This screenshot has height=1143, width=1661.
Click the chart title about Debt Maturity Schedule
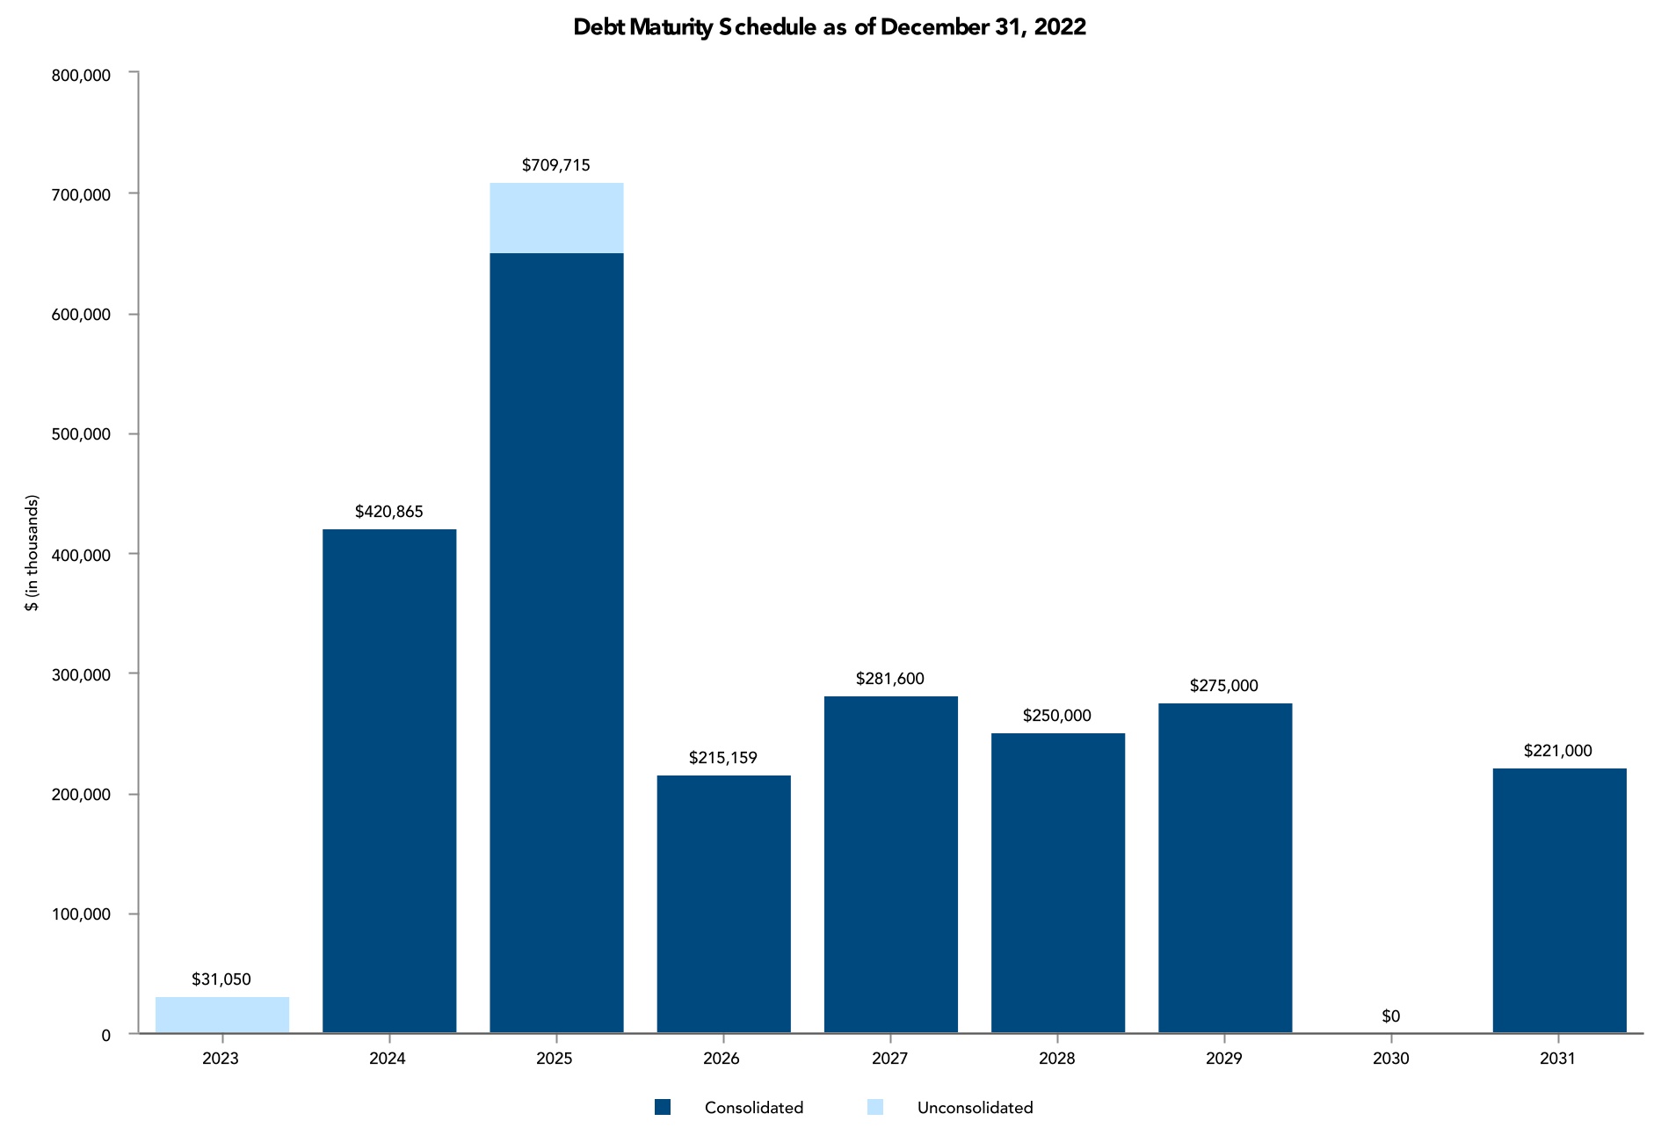pos(830,27)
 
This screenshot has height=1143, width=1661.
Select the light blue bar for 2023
pos(222,1015)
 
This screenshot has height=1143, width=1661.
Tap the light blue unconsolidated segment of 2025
pos(556,218)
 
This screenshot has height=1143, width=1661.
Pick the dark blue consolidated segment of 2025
pos(556,642)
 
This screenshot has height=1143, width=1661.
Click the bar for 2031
pos(1559,900)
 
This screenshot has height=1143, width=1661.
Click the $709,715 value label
pos(556,165)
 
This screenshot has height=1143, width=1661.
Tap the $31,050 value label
pos(221,979)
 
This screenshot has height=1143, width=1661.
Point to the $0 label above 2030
pos(1390,1016)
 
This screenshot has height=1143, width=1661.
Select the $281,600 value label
pos(890,679)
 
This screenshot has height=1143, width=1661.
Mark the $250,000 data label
pos(1057,716)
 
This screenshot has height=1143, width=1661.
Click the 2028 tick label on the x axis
pos(1056,1059)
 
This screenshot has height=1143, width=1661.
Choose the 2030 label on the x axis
pos(1390,1059)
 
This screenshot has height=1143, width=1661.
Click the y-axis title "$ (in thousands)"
pos(33,553)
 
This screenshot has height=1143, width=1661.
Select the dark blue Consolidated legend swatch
pos(663,1108)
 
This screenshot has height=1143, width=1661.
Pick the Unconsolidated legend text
pos(975,1108)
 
